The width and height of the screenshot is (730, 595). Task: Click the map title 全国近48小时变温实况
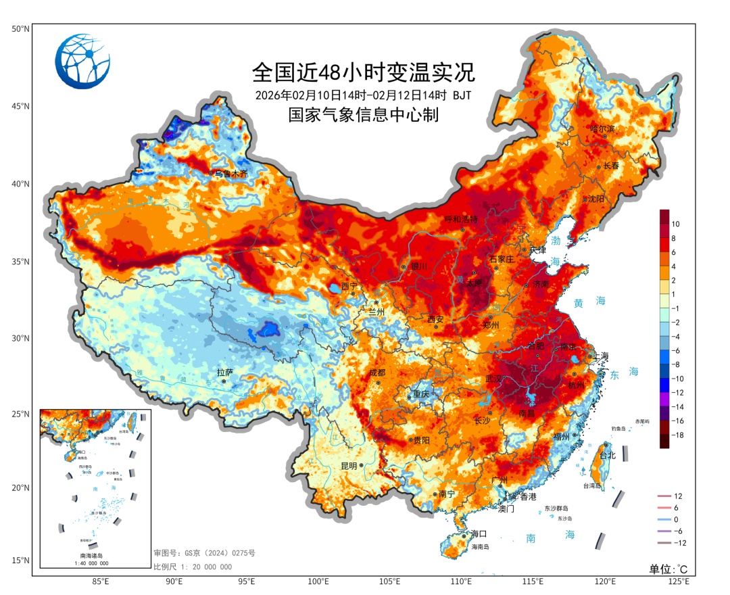point(364,71)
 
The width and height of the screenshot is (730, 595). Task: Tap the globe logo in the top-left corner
point(82,61)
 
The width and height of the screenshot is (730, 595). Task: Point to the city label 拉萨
point(224,373)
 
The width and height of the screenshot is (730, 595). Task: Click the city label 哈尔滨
point(602,128)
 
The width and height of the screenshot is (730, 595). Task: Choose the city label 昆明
point(349,466)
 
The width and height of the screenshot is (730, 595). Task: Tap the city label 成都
point(376,373)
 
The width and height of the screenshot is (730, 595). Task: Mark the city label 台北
point(608,455)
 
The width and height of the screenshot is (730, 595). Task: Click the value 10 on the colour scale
point(676,223)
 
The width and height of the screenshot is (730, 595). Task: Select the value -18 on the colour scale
point(677,435)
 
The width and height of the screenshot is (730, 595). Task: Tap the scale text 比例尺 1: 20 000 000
point(193,567)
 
